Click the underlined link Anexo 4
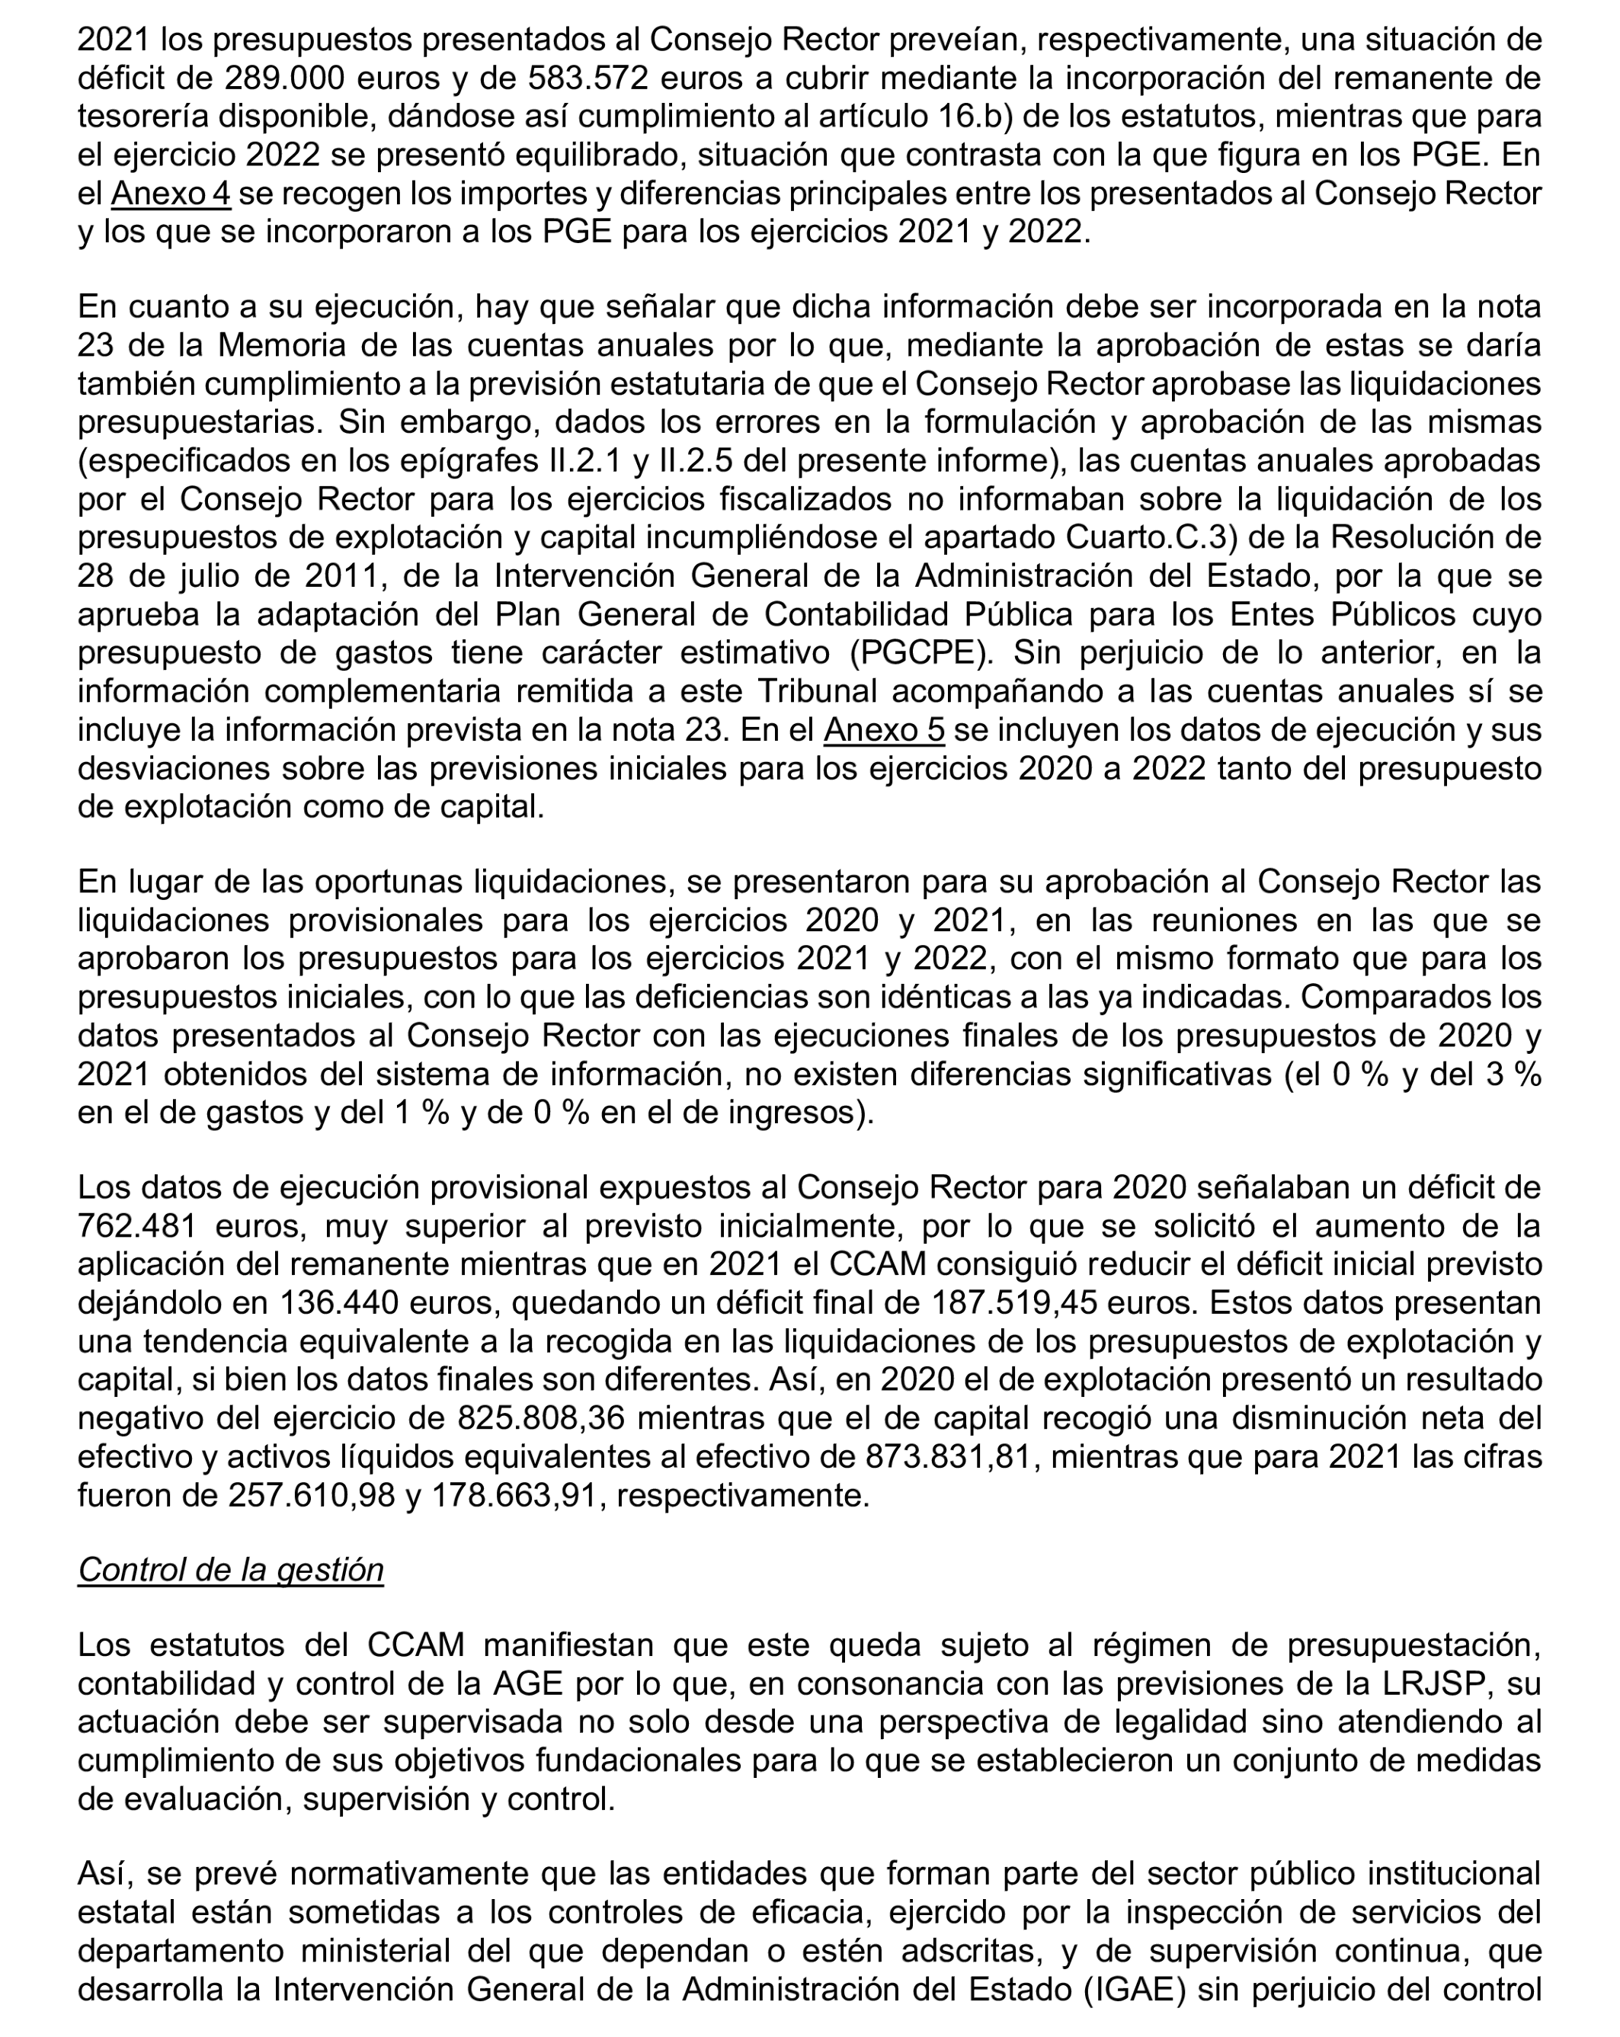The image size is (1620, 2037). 171,194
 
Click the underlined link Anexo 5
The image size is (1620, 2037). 884,729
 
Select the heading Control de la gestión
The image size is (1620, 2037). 230,1568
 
